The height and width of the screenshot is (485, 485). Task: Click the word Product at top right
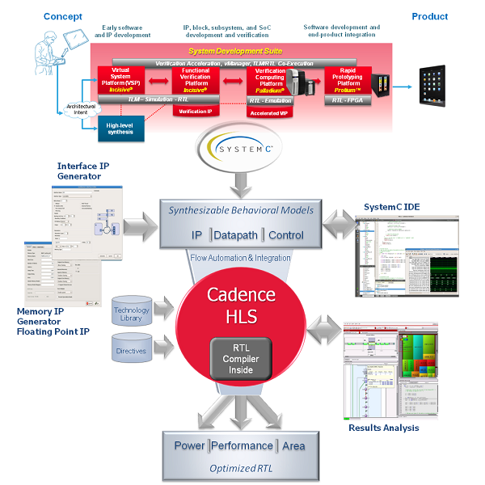click(430, 16)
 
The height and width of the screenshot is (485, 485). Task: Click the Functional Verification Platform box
click(196, 83)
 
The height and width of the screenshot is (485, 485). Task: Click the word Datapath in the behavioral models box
click(240, 235)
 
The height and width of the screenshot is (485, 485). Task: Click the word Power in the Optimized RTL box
click(189, 445)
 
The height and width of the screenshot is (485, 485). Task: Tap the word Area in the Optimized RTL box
click(292, 445)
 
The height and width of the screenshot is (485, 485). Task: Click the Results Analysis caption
click(384, 427)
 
